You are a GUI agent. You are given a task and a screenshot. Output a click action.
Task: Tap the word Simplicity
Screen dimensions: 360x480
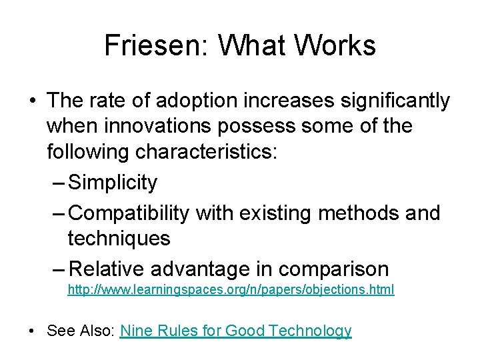tap(113, 183)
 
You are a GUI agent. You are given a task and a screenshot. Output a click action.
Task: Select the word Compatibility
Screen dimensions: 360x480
tap(129, 213)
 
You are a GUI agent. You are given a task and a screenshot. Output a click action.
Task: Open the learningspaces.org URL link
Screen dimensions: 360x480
tap(231, 291)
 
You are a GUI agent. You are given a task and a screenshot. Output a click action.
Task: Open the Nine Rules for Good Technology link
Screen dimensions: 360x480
tap(235, 331)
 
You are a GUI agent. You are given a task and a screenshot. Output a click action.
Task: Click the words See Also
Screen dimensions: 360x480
tap(80, 331)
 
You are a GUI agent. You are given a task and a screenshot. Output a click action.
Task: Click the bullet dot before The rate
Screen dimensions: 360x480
tap(33, 101)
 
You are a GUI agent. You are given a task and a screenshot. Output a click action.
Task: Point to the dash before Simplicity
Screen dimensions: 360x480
tap(58, 183)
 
